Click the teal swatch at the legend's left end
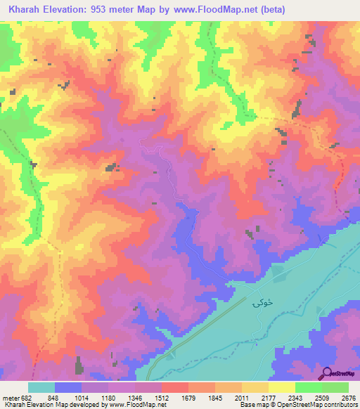[41, 387]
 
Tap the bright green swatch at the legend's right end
[335, 387]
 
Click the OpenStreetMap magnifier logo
[326, 372]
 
